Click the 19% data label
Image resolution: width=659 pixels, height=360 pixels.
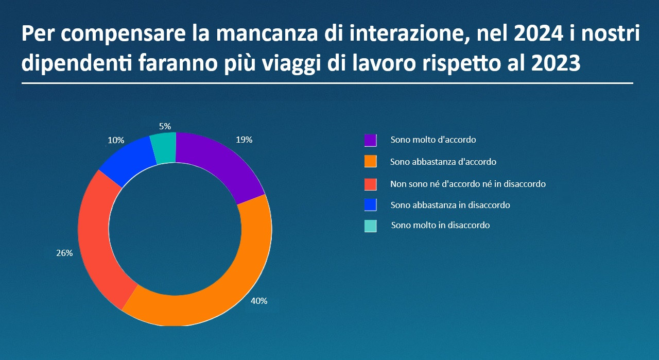pyautogui.click(x=244, y=140)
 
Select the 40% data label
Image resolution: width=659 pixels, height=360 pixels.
pyautogui.click(x=259, y=301)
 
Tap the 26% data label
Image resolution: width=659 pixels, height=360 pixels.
pyautogui.click(x=64, y=253)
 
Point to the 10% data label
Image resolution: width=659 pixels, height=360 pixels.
pyautogui.click(x=116, y=140)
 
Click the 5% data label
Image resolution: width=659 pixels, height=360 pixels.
pyautogui.click(x=165, y=126)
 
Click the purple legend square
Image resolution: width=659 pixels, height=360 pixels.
pyautogui.click(x=371, y=140)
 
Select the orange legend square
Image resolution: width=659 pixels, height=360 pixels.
pyautogui.click(x=371, y=162)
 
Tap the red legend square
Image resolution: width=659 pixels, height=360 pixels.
pyautogui.click(x=371, y=184)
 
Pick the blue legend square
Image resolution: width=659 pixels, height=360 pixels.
pyautogui.click(x=371, y=205)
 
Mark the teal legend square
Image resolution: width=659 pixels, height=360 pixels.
pyautogui.click(x=371, y=226)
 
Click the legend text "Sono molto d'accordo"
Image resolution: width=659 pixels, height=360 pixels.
pyautogui.click(x=433, y=140)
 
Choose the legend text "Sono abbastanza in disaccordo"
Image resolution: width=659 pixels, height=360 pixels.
pyautogui.click(x=450, y=205)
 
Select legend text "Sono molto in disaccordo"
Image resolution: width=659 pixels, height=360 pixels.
pyautogui.click(x=440, y=225)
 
